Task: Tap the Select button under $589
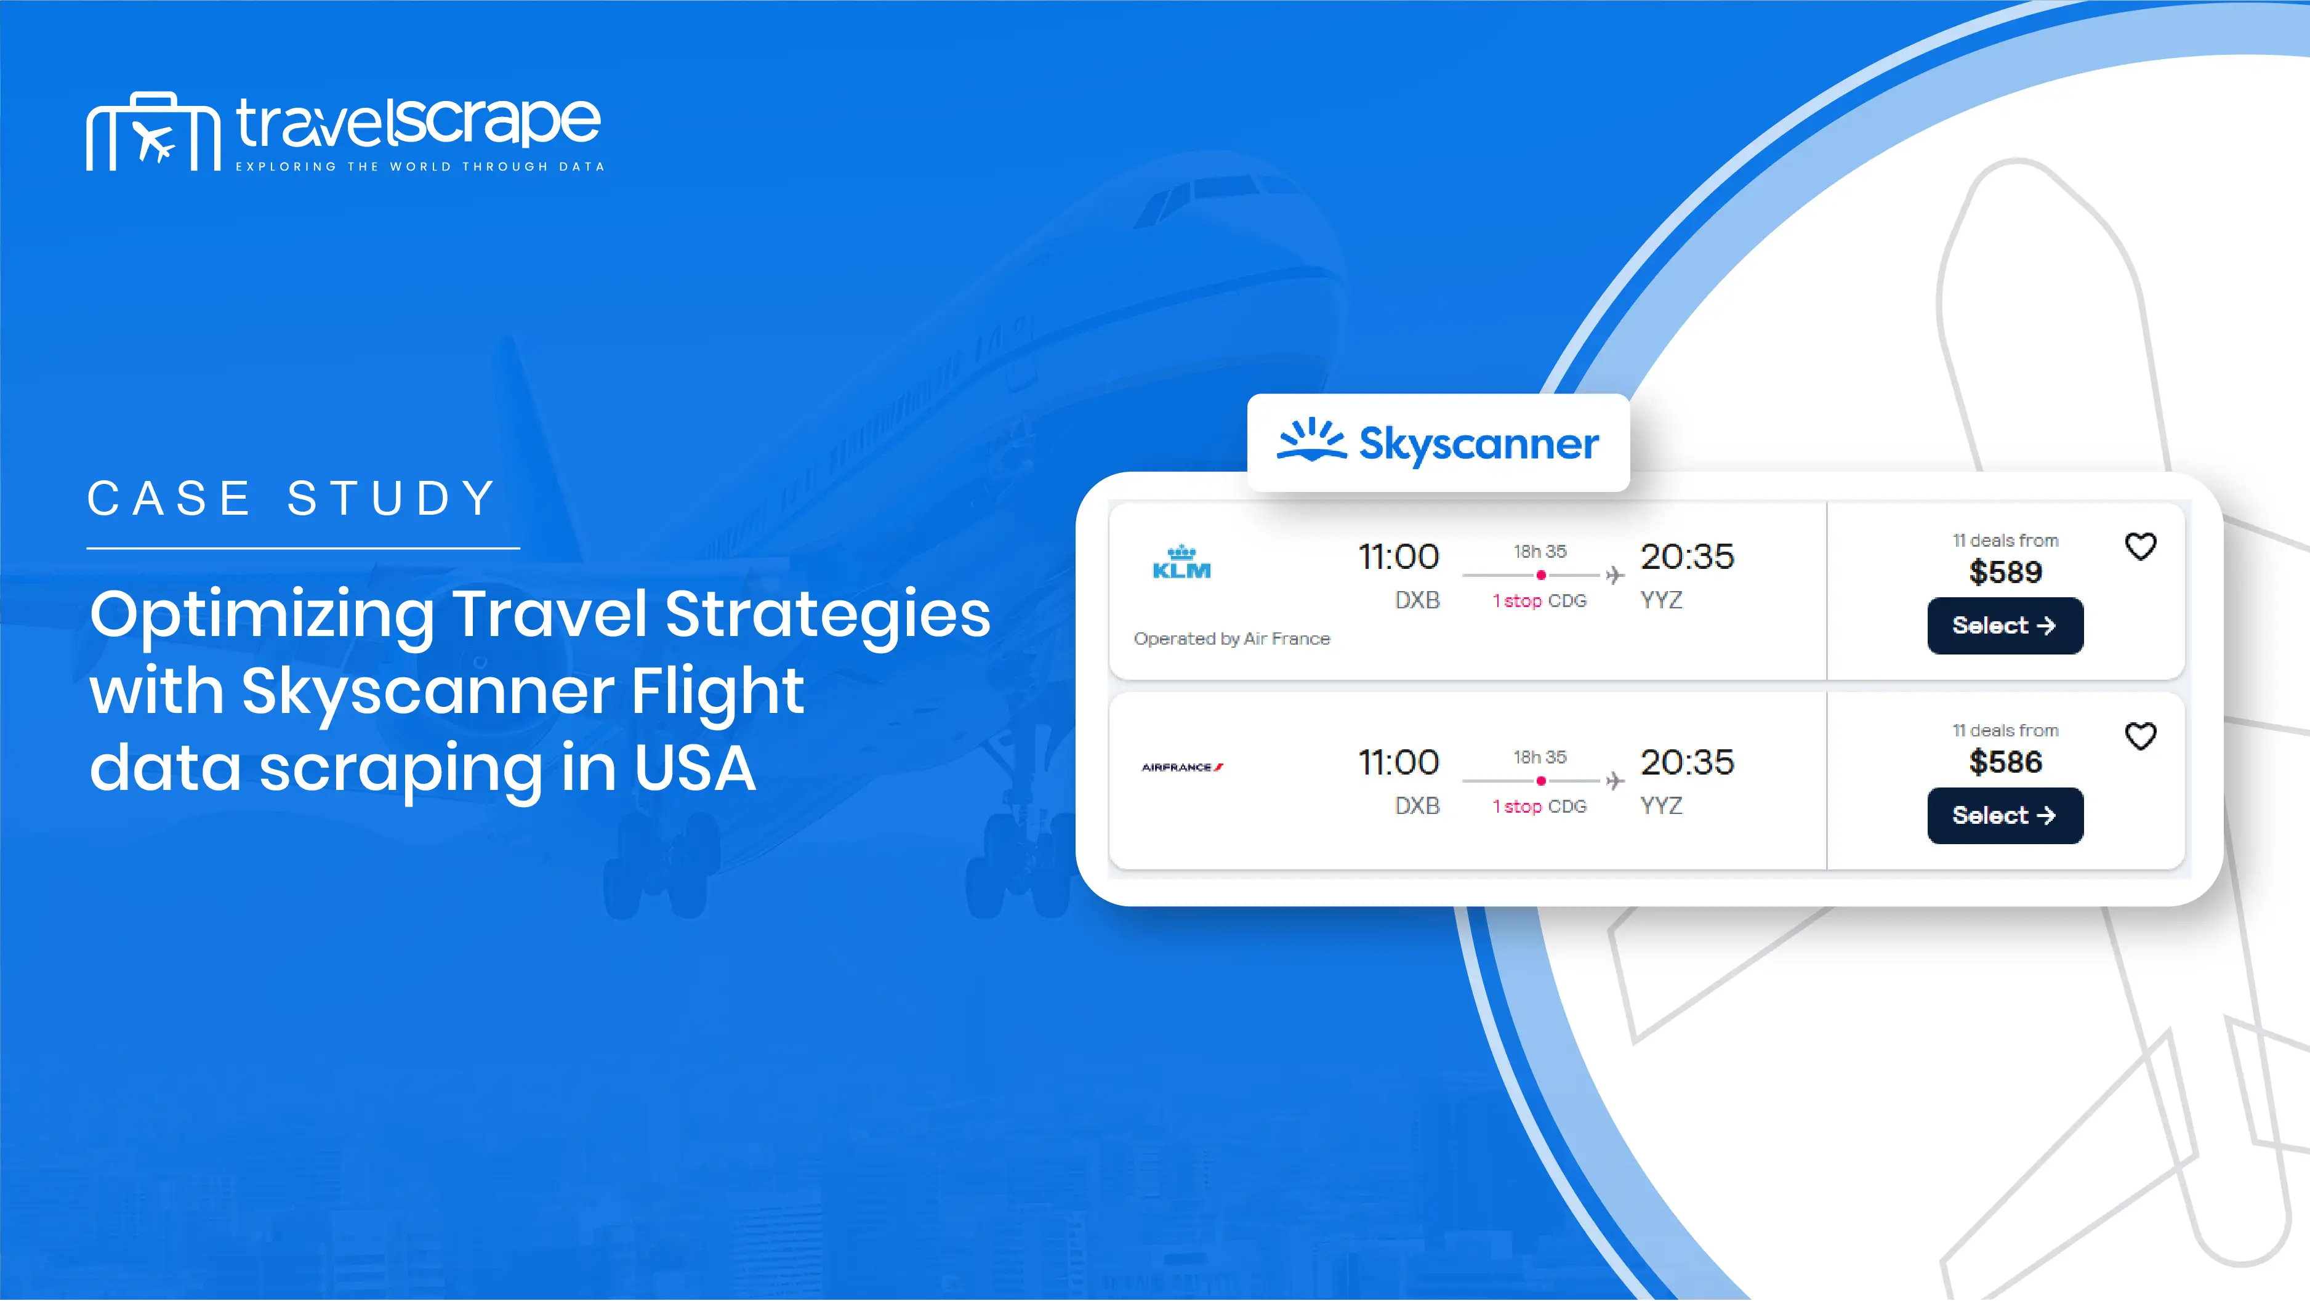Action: point(2005,626)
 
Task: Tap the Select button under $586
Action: point(2005,816)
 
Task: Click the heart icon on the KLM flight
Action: point(2141,546)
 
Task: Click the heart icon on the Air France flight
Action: point(2141,736)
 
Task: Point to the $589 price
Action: point(2005,572)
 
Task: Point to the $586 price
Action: point(2005,762)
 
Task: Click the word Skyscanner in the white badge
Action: point(1479,444)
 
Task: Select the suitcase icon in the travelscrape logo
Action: point(153,132)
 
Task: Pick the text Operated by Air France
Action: point(1231,638)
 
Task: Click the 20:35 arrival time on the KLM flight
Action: point(1687,557)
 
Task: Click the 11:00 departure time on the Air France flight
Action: point(1398,763)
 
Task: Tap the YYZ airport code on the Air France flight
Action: point(1660,806)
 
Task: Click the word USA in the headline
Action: point(695,768)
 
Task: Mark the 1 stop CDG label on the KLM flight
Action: point(1539,601)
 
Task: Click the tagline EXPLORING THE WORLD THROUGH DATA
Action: point(420,167)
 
